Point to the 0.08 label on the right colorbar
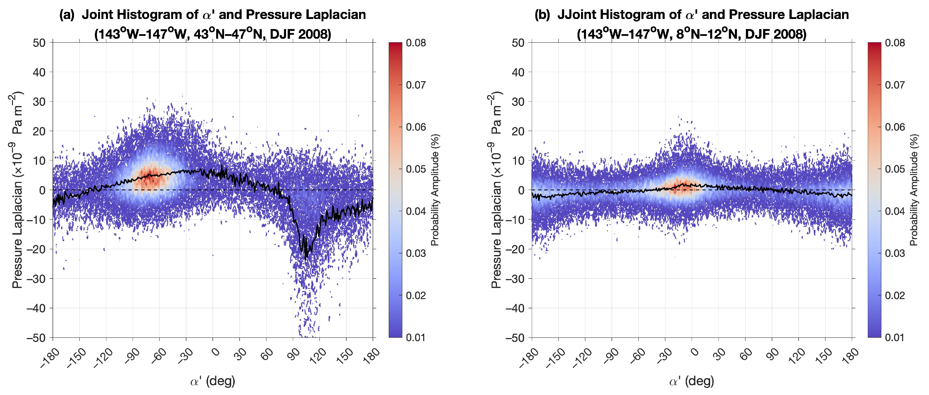click(x=895, y=43)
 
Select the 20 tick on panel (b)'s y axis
click(x=518, y=131)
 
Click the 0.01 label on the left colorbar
click(x=416, y=337)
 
